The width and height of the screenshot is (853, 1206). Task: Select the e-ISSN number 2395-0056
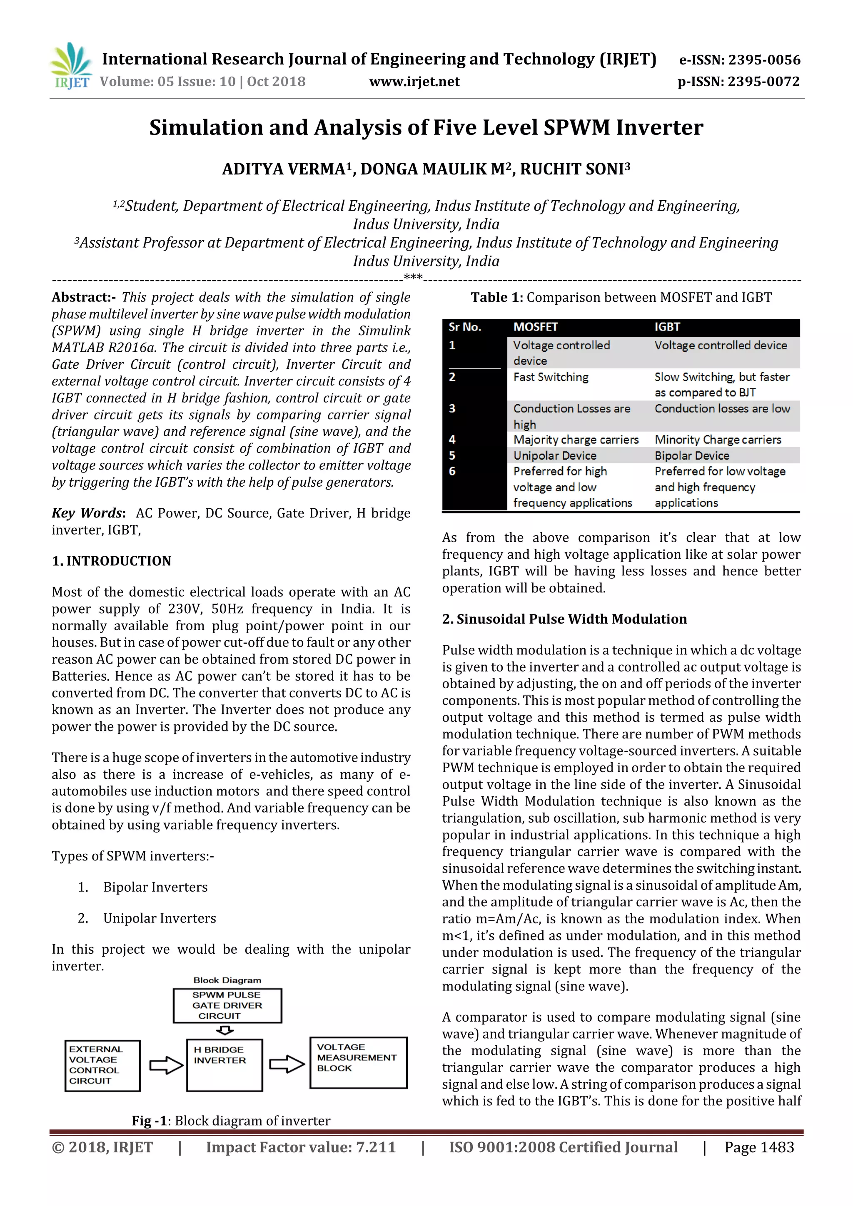(x=763, y=60)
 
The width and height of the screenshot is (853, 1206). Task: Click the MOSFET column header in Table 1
(x=535, y=327)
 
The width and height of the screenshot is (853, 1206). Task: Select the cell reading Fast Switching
(x=550, y=377)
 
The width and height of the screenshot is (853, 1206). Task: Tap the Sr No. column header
(x=464, y=327)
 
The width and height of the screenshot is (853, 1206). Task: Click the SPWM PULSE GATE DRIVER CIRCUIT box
(x=227, y=1005)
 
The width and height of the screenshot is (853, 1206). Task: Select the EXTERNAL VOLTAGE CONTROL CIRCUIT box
(x=102, y=1065)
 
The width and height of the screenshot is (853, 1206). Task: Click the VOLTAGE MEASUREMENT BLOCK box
(x=359, y=1062)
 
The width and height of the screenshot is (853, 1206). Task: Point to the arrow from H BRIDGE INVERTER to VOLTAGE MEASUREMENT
(x=287, y=1065)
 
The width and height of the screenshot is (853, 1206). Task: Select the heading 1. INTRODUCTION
(x=112, y=561)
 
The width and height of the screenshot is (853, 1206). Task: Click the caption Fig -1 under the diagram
(x=230, y=1120)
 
